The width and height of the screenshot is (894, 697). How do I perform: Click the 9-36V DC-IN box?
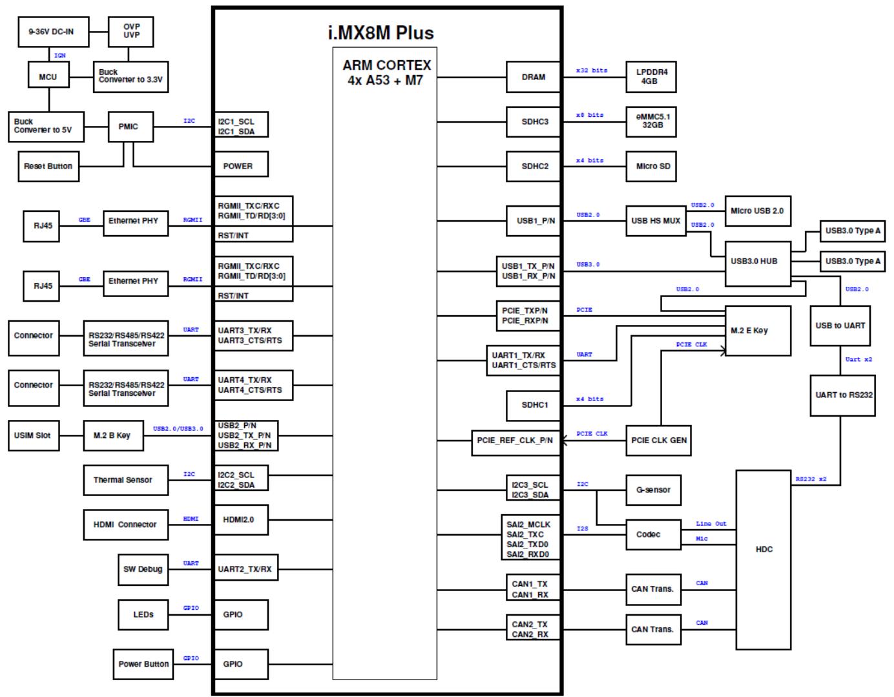pos(54,32)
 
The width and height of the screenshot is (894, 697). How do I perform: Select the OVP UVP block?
pos(131,32)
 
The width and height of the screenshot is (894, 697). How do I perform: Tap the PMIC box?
pos(131,127)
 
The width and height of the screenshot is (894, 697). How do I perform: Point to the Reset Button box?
pos(48,166)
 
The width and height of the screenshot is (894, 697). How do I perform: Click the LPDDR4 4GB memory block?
pos(651,77)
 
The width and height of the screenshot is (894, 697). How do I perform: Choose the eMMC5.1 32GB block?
pos(651,122)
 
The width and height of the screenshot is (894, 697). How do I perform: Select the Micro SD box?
pos(651,166)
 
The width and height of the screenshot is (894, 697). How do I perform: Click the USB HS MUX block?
pos(656,221)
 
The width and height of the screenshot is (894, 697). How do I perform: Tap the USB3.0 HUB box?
pos(758,264)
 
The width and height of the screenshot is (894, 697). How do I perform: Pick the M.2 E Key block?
pos(758,330)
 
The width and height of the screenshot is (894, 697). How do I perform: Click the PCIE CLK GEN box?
pos(658,441)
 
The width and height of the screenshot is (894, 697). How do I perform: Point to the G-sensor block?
pos(653,490)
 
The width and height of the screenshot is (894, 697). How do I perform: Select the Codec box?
pos(653,534)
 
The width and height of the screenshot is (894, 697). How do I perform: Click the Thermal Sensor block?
pos(126,480)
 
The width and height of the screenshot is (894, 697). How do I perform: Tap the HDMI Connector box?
pos(126,525)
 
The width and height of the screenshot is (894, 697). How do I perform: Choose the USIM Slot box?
pos(34,435)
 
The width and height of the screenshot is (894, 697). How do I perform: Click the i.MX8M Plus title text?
pos(380,33)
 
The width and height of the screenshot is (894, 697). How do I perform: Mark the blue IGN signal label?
pos(59,55)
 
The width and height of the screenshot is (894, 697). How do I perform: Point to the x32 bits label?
pos(592,70)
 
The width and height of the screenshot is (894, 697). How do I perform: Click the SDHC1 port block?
pos(533,405)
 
